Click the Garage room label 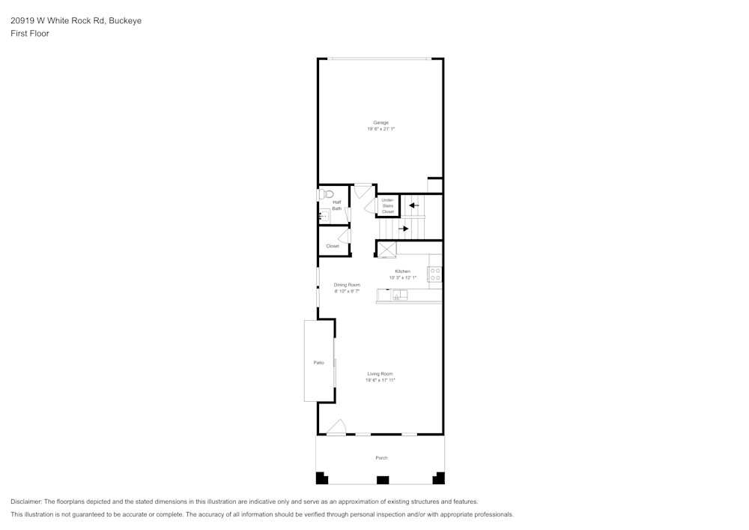(x=380, y=122)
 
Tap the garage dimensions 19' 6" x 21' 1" (x=380, y=129)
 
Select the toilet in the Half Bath (x=324, y=194)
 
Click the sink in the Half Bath (x=324, y=216)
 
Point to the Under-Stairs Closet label (x=387, y=205)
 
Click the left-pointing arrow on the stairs (x=413, y=205)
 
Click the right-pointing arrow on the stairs (x=403, y=229)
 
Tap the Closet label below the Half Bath (x=332, y=246)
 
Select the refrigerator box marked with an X (x=386, y=250)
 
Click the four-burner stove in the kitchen (x=435, y=274)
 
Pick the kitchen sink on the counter (x=399, y=295)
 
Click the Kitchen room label (x=402, y=271)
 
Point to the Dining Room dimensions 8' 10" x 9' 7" (x=347, y=291)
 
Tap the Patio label (x=318, y=363)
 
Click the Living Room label (x=380, y=373)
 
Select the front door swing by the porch (x=336, y=427)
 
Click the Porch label (x=381, y=457)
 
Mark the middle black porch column (x=382, y=479)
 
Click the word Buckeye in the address (x=125, y=21)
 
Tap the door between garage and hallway (x=363, y=190)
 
